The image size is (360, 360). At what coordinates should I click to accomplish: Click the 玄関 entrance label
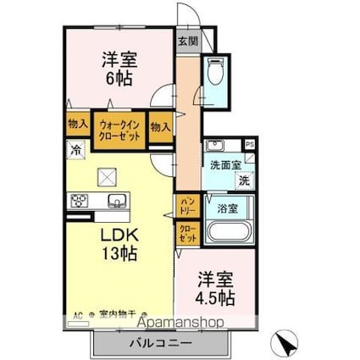(187, 40)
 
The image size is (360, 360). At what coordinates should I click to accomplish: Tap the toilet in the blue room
(215, 72)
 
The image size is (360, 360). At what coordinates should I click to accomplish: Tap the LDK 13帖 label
(120, 242)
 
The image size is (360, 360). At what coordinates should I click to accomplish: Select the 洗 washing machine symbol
(244, 180)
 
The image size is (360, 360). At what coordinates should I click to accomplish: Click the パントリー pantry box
(188, 204)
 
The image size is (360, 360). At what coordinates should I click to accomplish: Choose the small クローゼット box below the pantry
(187, 233)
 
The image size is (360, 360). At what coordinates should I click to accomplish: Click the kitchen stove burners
(80, 200)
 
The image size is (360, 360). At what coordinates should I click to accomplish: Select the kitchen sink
(116, 200)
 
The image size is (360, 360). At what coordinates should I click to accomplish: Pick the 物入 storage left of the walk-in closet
(78, 124)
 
